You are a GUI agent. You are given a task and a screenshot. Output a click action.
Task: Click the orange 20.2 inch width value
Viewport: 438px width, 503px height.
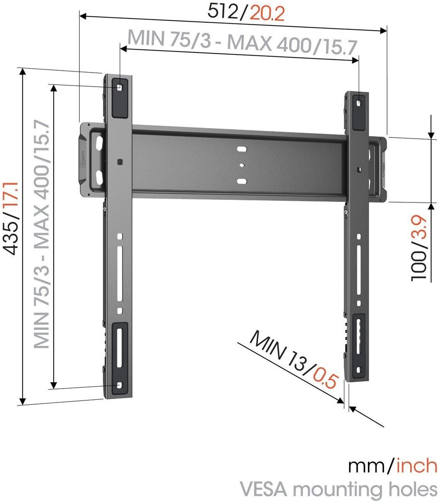click(x=267, y=14)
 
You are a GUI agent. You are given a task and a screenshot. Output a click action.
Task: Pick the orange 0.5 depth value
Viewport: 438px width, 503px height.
click(x=326, y=376)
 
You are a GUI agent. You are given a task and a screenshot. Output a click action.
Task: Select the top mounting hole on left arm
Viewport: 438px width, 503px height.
click(x=120, y=87)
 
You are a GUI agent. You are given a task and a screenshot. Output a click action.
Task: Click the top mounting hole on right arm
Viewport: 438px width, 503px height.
click(x=359, y=101)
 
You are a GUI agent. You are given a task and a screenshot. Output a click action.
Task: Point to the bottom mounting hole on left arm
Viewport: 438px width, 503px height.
click(x=120, y=385)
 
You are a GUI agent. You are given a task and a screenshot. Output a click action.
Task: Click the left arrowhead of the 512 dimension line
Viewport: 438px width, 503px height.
click(x=83, y=16)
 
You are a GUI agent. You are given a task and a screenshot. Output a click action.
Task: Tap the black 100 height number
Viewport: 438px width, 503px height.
click(x=420, y=267)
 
